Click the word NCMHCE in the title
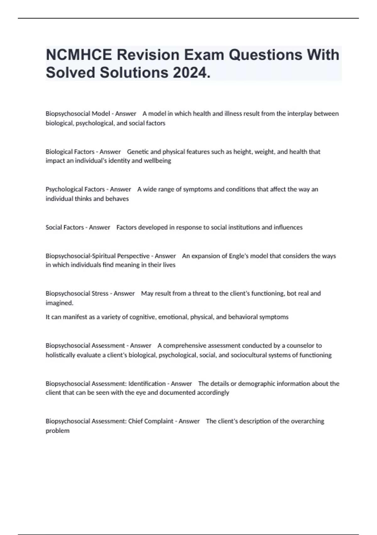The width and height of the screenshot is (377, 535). pos(79,55)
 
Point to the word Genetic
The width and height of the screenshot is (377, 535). pos(138,152)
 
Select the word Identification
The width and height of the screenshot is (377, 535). pos(147,384)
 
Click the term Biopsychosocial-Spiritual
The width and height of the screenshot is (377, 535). pos(97,256)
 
